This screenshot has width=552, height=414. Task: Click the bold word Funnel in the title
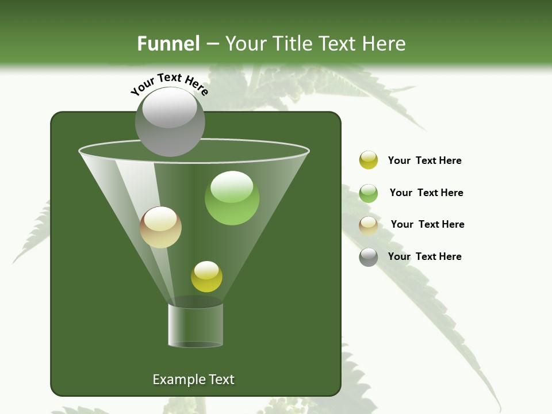click(168, 44)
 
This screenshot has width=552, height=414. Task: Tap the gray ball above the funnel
click(170, 122)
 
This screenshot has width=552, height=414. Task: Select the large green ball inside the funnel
click(232, 198)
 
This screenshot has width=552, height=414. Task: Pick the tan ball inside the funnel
click(160, 227)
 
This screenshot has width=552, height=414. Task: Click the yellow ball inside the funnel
click(206, 277)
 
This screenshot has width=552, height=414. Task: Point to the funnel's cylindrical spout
click(195, 325)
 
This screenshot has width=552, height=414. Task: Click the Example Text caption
click(193, 379)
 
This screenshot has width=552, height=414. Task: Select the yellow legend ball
click(369, 160)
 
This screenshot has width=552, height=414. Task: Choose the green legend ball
click(369, 193)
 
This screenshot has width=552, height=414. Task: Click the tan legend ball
click(369, 225)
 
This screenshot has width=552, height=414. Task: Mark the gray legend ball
click(369, 257)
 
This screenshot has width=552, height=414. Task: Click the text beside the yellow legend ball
click(424, 160)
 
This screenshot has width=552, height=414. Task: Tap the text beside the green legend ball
click(426, 193)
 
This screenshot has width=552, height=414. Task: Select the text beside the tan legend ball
click(427, 224)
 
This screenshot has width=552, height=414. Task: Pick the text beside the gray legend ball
click(424, 256)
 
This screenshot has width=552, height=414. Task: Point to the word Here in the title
click(385, 44)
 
